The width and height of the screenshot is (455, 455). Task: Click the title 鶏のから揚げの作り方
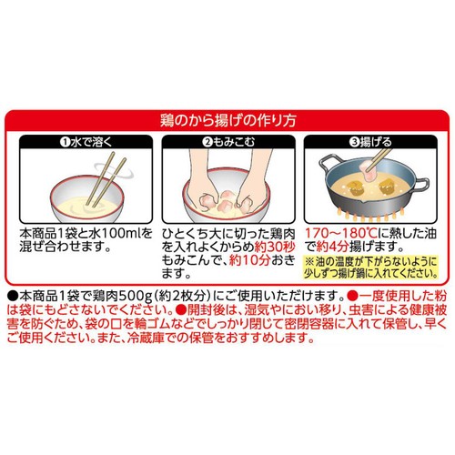pos(227,121)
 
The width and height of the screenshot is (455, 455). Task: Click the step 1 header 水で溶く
pos(86,142)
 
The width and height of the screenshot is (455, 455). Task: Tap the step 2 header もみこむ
pos(229,142)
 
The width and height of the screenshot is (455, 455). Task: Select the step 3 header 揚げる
pos(370,142)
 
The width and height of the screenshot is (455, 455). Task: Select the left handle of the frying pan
pos(329,164)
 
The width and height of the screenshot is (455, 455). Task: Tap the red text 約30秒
pos(275,247)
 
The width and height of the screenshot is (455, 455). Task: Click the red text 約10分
pos(249,260)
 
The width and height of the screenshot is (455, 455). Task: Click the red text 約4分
pos(332,247)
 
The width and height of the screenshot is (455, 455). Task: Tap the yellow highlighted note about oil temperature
pos(370,268)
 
